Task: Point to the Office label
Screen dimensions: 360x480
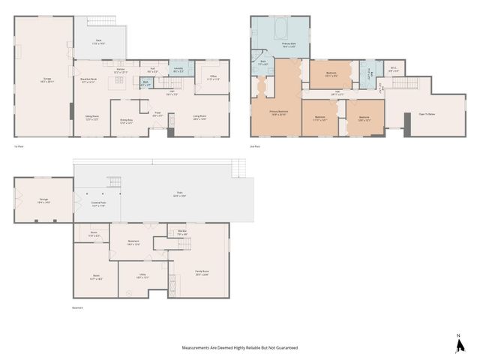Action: [213, 77]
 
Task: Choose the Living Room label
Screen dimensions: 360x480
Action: [199, 117]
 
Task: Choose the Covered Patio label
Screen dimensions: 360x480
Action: [97, 204]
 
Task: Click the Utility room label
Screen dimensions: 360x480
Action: [143, 277]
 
